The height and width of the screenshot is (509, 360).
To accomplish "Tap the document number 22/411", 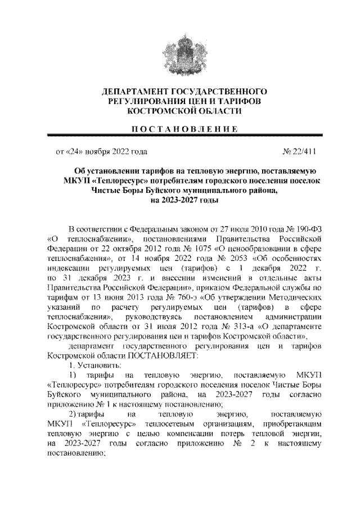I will click(301, 151).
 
